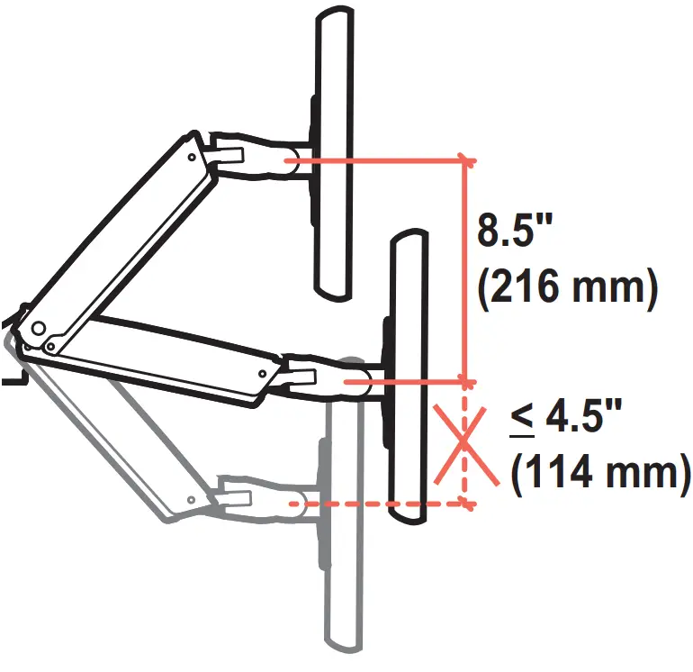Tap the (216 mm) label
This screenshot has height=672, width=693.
(564, 289)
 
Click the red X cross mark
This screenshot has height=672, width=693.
(463, 442)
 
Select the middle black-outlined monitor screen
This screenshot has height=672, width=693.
(407, 378)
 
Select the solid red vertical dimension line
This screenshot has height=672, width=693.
(465, 270)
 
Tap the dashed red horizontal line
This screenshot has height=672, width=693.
(378, 504)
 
